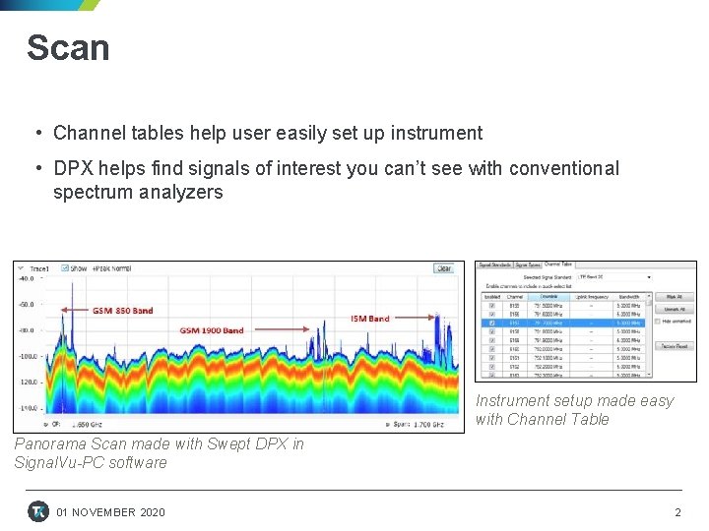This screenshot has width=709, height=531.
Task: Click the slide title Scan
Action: [x=68, y=48]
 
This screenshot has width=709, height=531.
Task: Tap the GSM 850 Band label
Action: [x=123, y=311]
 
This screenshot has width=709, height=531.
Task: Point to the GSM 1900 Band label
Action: [x=212, y=330]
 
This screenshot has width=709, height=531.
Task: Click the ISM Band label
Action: [x=370, y=319]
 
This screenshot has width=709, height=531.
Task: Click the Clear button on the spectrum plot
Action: [x=443, y=268]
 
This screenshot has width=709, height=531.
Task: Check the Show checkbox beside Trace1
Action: [x=65, y=267]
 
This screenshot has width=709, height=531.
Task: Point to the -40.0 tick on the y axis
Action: [x=27, y=278]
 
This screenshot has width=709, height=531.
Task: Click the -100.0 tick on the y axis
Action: [x=27, y=355]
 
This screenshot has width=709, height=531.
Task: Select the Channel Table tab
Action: [x=558, y=265]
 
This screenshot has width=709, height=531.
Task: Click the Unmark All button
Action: [x=674, y=309]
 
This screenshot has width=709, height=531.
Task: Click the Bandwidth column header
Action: [x=629, y=296]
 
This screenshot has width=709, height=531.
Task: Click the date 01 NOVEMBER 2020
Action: [x=111, y=512]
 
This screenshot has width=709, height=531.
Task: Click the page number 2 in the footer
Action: [x=677, y=512]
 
